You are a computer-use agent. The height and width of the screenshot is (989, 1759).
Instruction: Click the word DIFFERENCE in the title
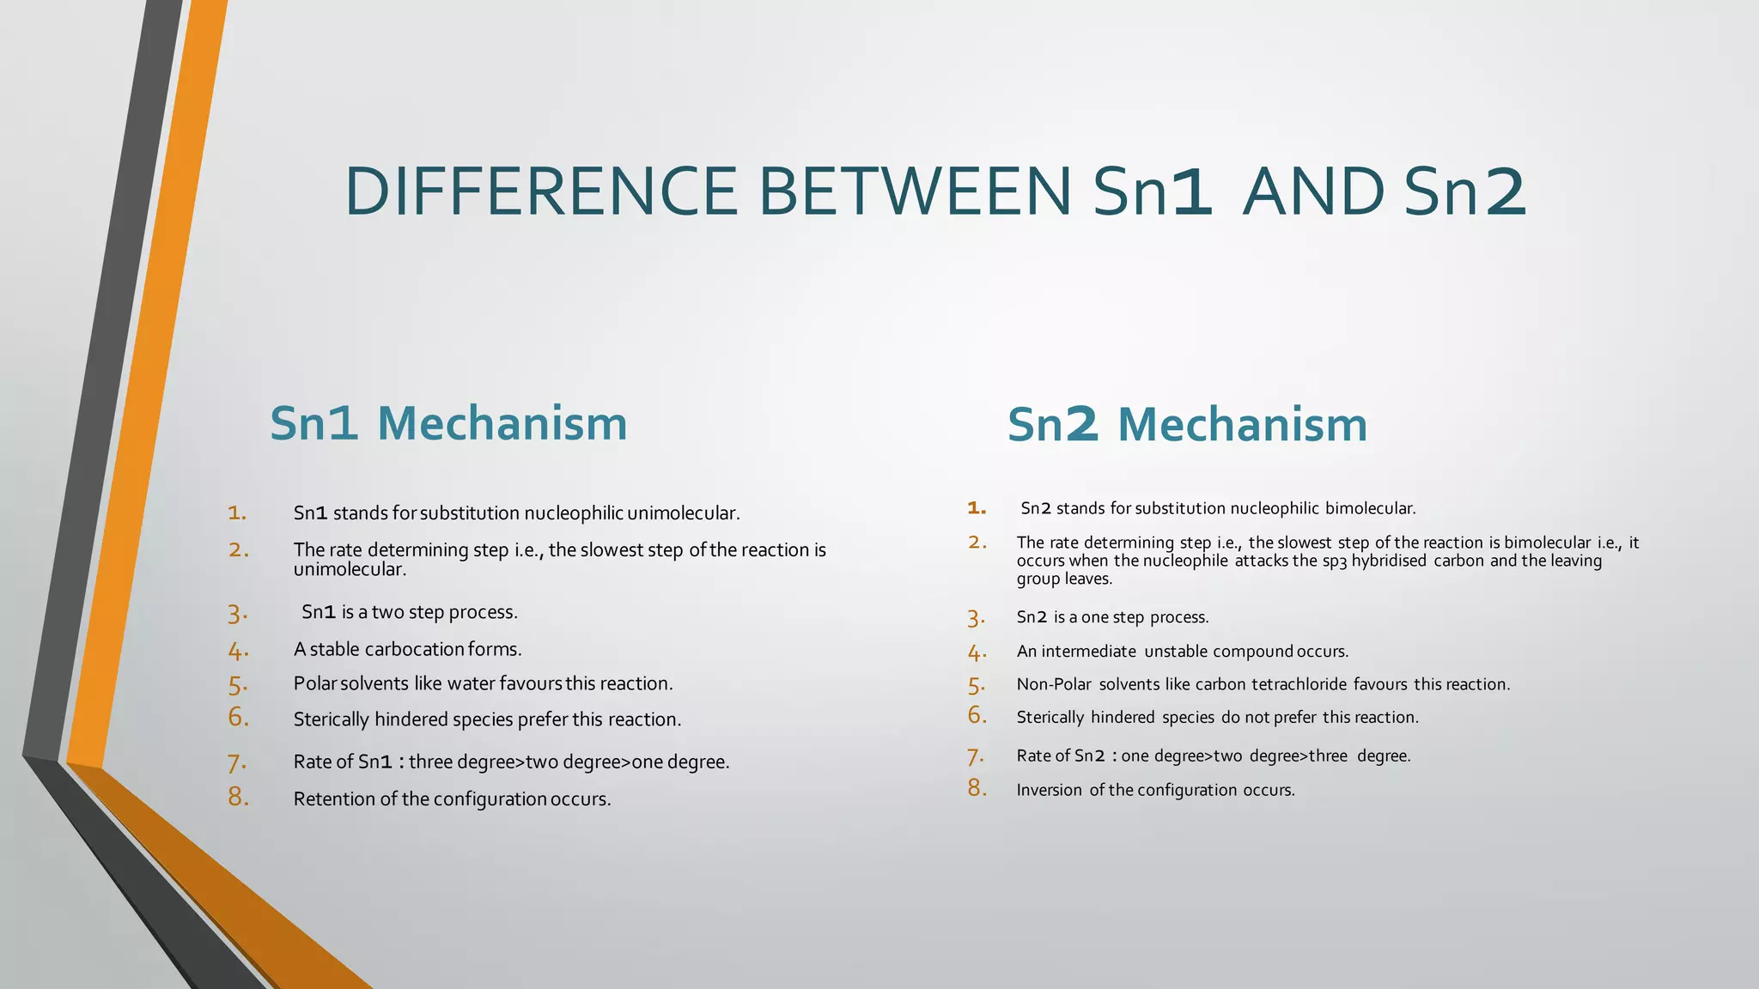pos(540,191)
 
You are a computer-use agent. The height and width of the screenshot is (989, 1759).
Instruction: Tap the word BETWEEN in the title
pos(915,191)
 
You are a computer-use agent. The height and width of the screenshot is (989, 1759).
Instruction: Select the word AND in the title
pos(1313,191)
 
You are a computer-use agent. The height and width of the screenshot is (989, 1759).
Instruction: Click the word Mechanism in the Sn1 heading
pos(502,423)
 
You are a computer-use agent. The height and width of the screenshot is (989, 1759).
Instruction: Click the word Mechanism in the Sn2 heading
pos(1242,425)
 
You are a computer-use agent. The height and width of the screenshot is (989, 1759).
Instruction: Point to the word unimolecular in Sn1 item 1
pos(682,513)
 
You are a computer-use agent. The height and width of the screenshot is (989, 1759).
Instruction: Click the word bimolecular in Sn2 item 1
pos(1369,508)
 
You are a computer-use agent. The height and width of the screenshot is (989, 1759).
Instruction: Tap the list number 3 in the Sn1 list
pos(237,614)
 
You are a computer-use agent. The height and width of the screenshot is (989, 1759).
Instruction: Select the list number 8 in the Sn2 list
pos(977,788)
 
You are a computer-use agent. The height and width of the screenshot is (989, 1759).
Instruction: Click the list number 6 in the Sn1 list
pos(237,717)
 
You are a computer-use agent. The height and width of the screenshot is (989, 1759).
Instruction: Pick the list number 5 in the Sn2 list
pos(977,686)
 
